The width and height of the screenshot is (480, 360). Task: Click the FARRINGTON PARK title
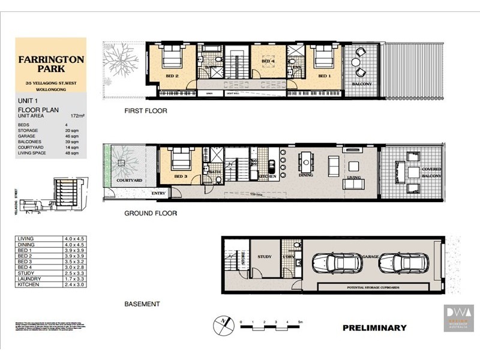50,65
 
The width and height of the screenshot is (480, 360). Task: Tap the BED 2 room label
173,76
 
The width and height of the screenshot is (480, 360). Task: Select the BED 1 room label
324,76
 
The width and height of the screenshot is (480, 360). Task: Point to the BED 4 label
268,61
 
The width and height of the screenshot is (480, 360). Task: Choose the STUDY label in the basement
265,257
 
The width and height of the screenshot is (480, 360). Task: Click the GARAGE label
370,256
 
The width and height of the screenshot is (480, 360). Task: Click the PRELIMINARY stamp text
374,328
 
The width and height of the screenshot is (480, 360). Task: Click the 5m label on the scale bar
300,323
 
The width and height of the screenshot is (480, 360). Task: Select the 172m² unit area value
76,115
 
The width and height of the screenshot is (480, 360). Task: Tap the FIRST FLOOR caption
145,111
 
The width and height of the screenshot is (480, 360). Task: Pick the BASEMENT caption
142,304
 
